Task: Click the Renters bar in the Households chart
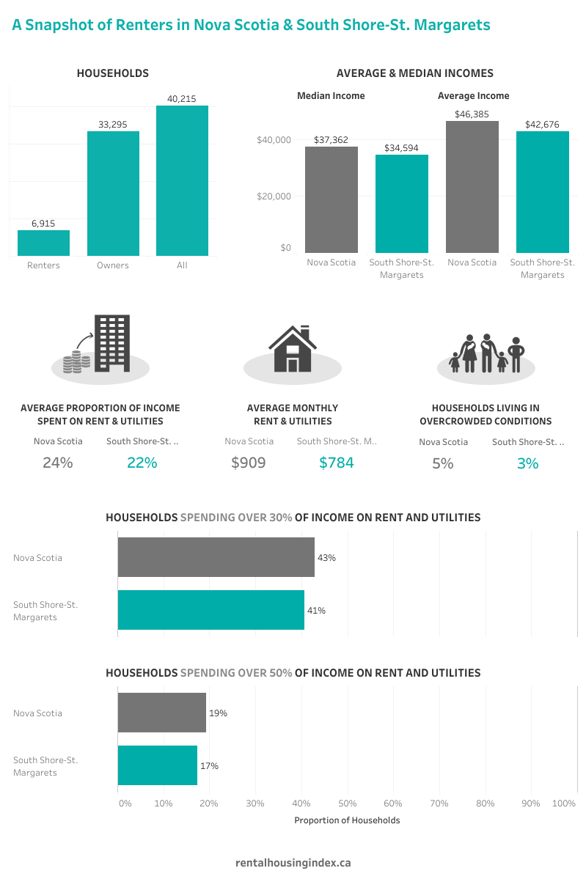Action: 43,243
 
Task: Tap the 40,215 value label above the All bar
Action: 182,98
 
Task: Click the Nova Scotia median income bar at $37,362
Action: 332,199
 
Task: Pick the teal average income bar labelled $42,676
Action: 542,192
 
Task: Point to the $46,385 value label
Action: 472,114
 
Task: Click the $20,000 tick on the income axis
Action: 274,196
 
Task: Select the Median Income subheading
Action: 331,96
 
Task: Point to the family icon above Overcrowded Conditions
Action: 485,353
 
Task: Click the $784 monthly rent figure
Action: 336,463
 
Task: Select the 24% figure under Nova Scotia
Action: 57,463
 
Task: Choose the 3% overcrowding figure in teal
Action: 527,463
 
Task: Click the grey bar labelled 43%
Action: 216,557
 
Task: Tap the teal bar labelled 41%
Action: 210,610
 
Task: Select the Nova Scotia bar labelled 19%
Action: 161,713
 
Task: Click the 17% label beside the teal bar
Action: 209,766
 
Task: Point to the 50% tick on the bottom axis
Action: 347,803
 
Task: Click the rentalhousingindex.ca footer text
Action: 293,863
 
